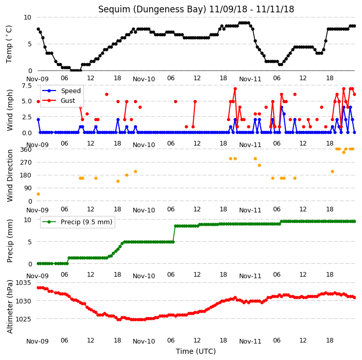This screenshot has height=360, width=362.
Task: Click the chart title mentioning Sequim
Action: [x=196, y=9]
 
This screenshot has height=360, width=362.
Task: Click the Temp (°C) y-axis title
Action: [x=9, y=44]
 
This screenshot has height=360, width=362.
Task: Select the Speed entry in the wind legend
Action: [x=70, y=91]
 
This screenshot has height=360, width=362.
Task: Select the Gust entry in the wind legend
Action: [x=68, y=101]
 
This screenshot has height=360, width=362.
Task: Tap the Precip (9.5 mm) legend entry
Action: [x=86, y=222]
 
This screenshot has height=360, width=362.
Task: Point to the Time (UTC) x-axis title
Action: [x=196, y=351]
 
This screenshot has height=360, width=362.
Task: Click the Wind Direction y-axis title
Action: [x=10, y=176]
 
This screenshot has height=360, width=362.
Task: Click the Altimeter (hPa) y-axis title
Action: [x=10, y=307]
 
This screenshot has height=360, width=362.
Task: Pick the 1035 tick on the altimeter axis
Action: [x=23, y=283]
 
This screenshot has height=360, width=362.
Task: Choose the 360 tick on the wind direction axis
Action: [x=26, y=150]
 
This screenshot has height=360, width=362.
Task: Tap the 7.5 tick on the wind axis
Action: [x=27, y=86]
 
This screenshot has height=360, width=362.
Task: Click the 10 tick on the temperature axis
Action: [x=27, y=17]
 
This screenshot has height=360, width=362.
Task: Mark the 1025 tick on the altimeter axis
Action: [x=23, y=319]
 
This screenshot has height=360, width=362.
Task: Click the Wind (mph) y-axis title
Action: [x=10, y=110]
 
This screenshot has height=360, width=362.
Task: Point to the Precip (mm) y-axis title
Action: [x=10, y=241]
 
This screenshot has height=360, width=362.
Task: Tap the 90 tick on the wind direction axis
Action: [x=28, y=188]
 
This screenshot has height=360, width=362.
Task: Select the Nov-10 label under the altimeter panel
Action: [x=144, y=341]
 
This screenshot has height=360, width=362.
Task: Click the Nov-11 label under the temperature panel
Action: [x=250, y=79]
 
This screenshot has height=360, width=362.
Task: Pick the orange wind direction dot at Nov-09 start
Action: [x=39, y=194]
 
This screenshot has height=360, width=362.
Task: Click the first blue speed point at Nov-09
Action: [x=39, y=120]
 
